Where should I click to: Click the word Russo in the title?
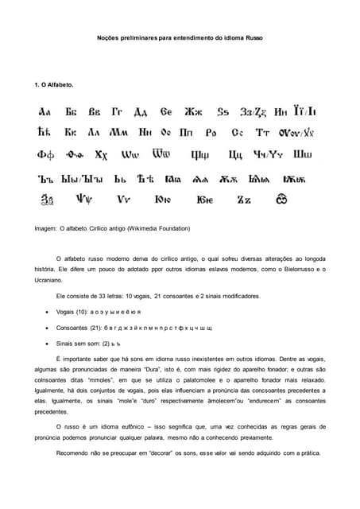[x=254, y=37]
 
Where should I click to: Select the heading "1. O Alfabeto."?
[x=54, y=84]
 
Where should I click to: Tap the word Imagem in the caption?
[x=46, y=229]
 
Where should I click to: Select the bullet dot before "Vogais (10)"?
[x=49, y=311]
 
